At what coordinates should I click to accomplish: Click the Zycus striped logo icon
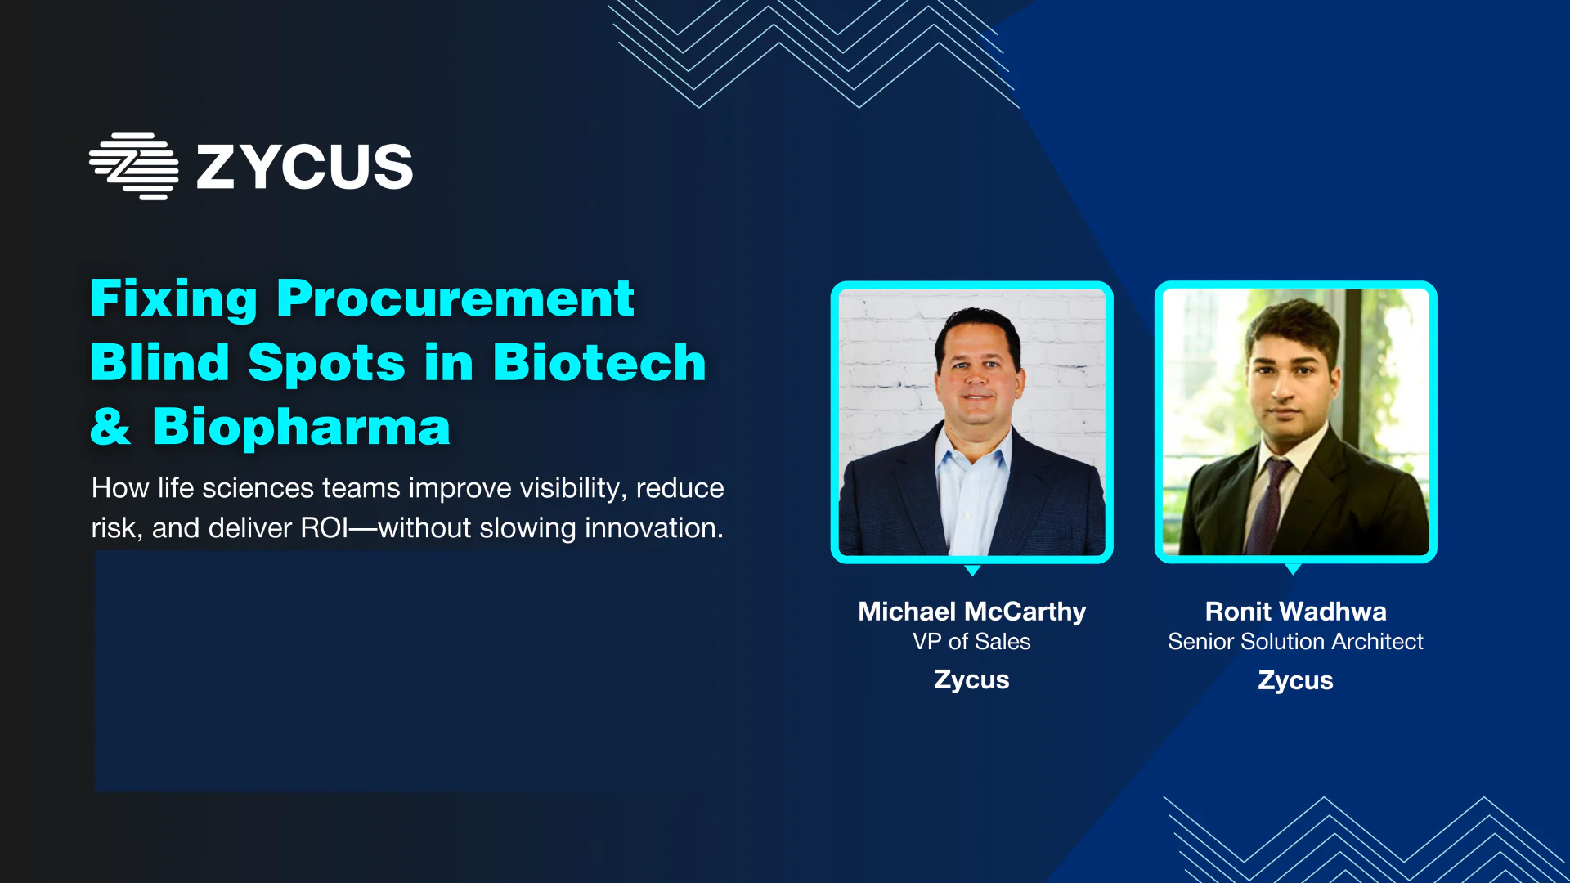tap(134, 167)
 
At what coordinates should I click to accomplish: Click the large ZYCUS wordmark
tap(305, 168)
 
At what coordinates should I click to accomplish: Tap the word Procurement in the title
tap(455, 298)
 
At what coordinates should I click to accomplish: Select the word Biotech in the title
tap(599, 362)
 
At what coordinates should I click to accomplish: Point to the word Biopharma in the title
tap(301, 427)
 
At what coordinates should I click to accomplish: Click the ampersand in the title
tap(110, 427)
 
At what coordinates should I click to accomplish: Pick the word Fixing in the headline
tap(174, 299)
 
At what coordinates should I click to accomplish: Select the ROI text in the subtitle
tap(325, 528)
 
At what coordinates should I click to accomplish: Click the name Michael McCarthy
tap(972, 612)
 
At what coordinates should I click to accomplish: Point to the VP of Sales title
tap(972, 642)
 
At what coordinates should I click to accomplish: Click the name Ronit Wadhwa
tap(1296, 612)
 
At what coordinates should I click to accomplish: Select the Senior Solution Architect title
tap(1296, 642)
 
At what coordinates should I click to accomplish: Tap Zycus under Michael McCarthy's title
tap(972, 680)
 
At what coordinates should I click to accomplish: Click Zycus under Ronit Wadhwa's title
tap(1296, 681)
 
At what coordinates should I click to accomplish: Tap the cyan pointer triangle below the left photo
tap(972, 569)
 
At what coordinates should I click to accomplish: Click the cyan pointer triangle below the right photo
tap(1293, 568)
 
